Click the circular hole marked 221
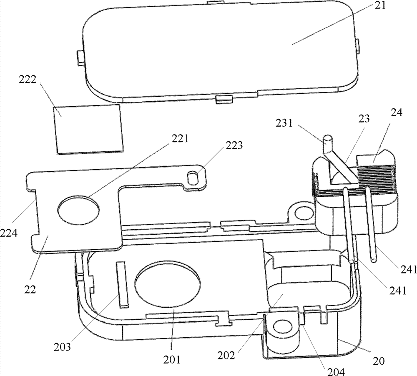coord(79,208)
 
